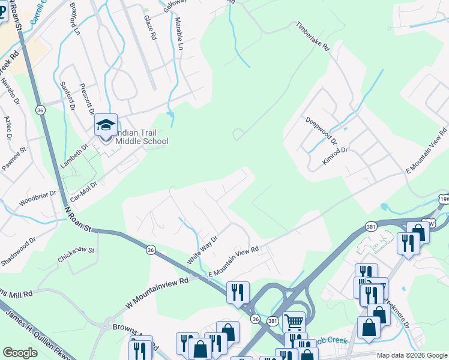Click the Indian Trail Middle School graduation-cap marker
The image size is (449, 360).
tap(106, 126)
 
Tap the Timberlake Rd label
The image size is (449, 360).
tap(313, 36)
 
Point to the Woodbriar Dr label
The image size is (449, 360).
tap(37, 199)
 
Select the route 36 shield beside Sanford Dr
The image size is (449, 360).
tap(40, 110)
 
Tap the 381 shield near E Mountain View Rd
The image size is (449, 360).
tap(370, 226)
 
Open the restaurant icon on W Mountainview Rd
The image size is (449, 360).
tap(238, 292)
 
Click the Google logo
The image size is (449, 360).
tap(20, 352)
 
